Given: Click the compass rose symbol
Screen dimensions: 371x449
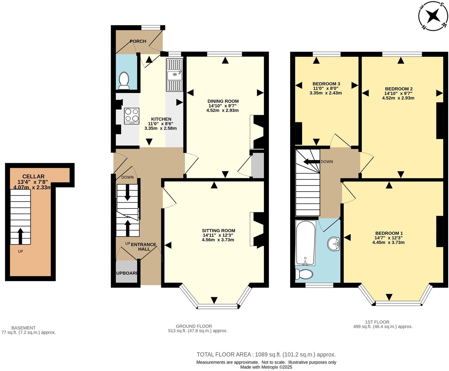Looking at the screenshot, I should pyautogui.click(x=433, y=16).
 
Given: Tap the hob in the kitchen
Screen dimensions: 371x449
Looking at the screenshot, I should pyautogui.click(x=132, y=116).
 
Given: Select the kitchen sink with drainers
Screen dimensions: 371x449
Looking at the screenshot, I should pyautogui.click(x=174, y=75).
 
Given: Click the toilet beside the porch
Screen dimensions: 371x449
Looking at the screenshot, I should pyautogui.click(x=124, y=80).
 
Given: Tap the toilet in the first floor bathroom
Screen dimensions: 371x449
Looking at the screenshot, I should pyautogui.click(x=304, y=274).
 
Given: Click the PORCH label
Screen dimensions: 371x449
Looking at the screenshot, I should pyautogui.click(x=138, y=41).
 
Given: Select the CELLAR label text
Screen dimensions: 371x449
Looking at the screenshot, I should pyautogui.click(x=33, y=176).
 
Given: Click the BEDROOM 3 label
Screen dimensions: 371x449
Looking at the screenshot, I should pyautogui.click(x=326, y=84).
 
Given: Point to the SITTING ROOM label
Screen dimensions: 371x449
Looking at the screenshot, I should pyautogui.click(x=218, y=230).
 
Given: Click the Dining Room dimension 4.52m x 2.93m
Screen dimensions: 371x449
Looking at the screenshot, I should pyautogui.click(x=222, y=110).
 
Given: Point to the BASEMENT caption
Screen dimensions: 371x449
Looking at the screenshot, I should pyautogui.click(x=24, y=328).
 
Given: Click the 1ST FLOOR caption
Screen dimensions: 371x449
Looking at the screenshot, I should pyautogui.click(x=377, y=322).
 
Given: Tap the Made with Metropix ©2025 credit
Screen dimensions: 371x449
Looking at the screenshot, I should pyautogui.click(x=266, y=367).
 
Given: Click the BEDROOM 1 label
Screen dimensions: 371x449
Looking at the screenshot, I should pyautogui.click(x=389, y=233).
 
